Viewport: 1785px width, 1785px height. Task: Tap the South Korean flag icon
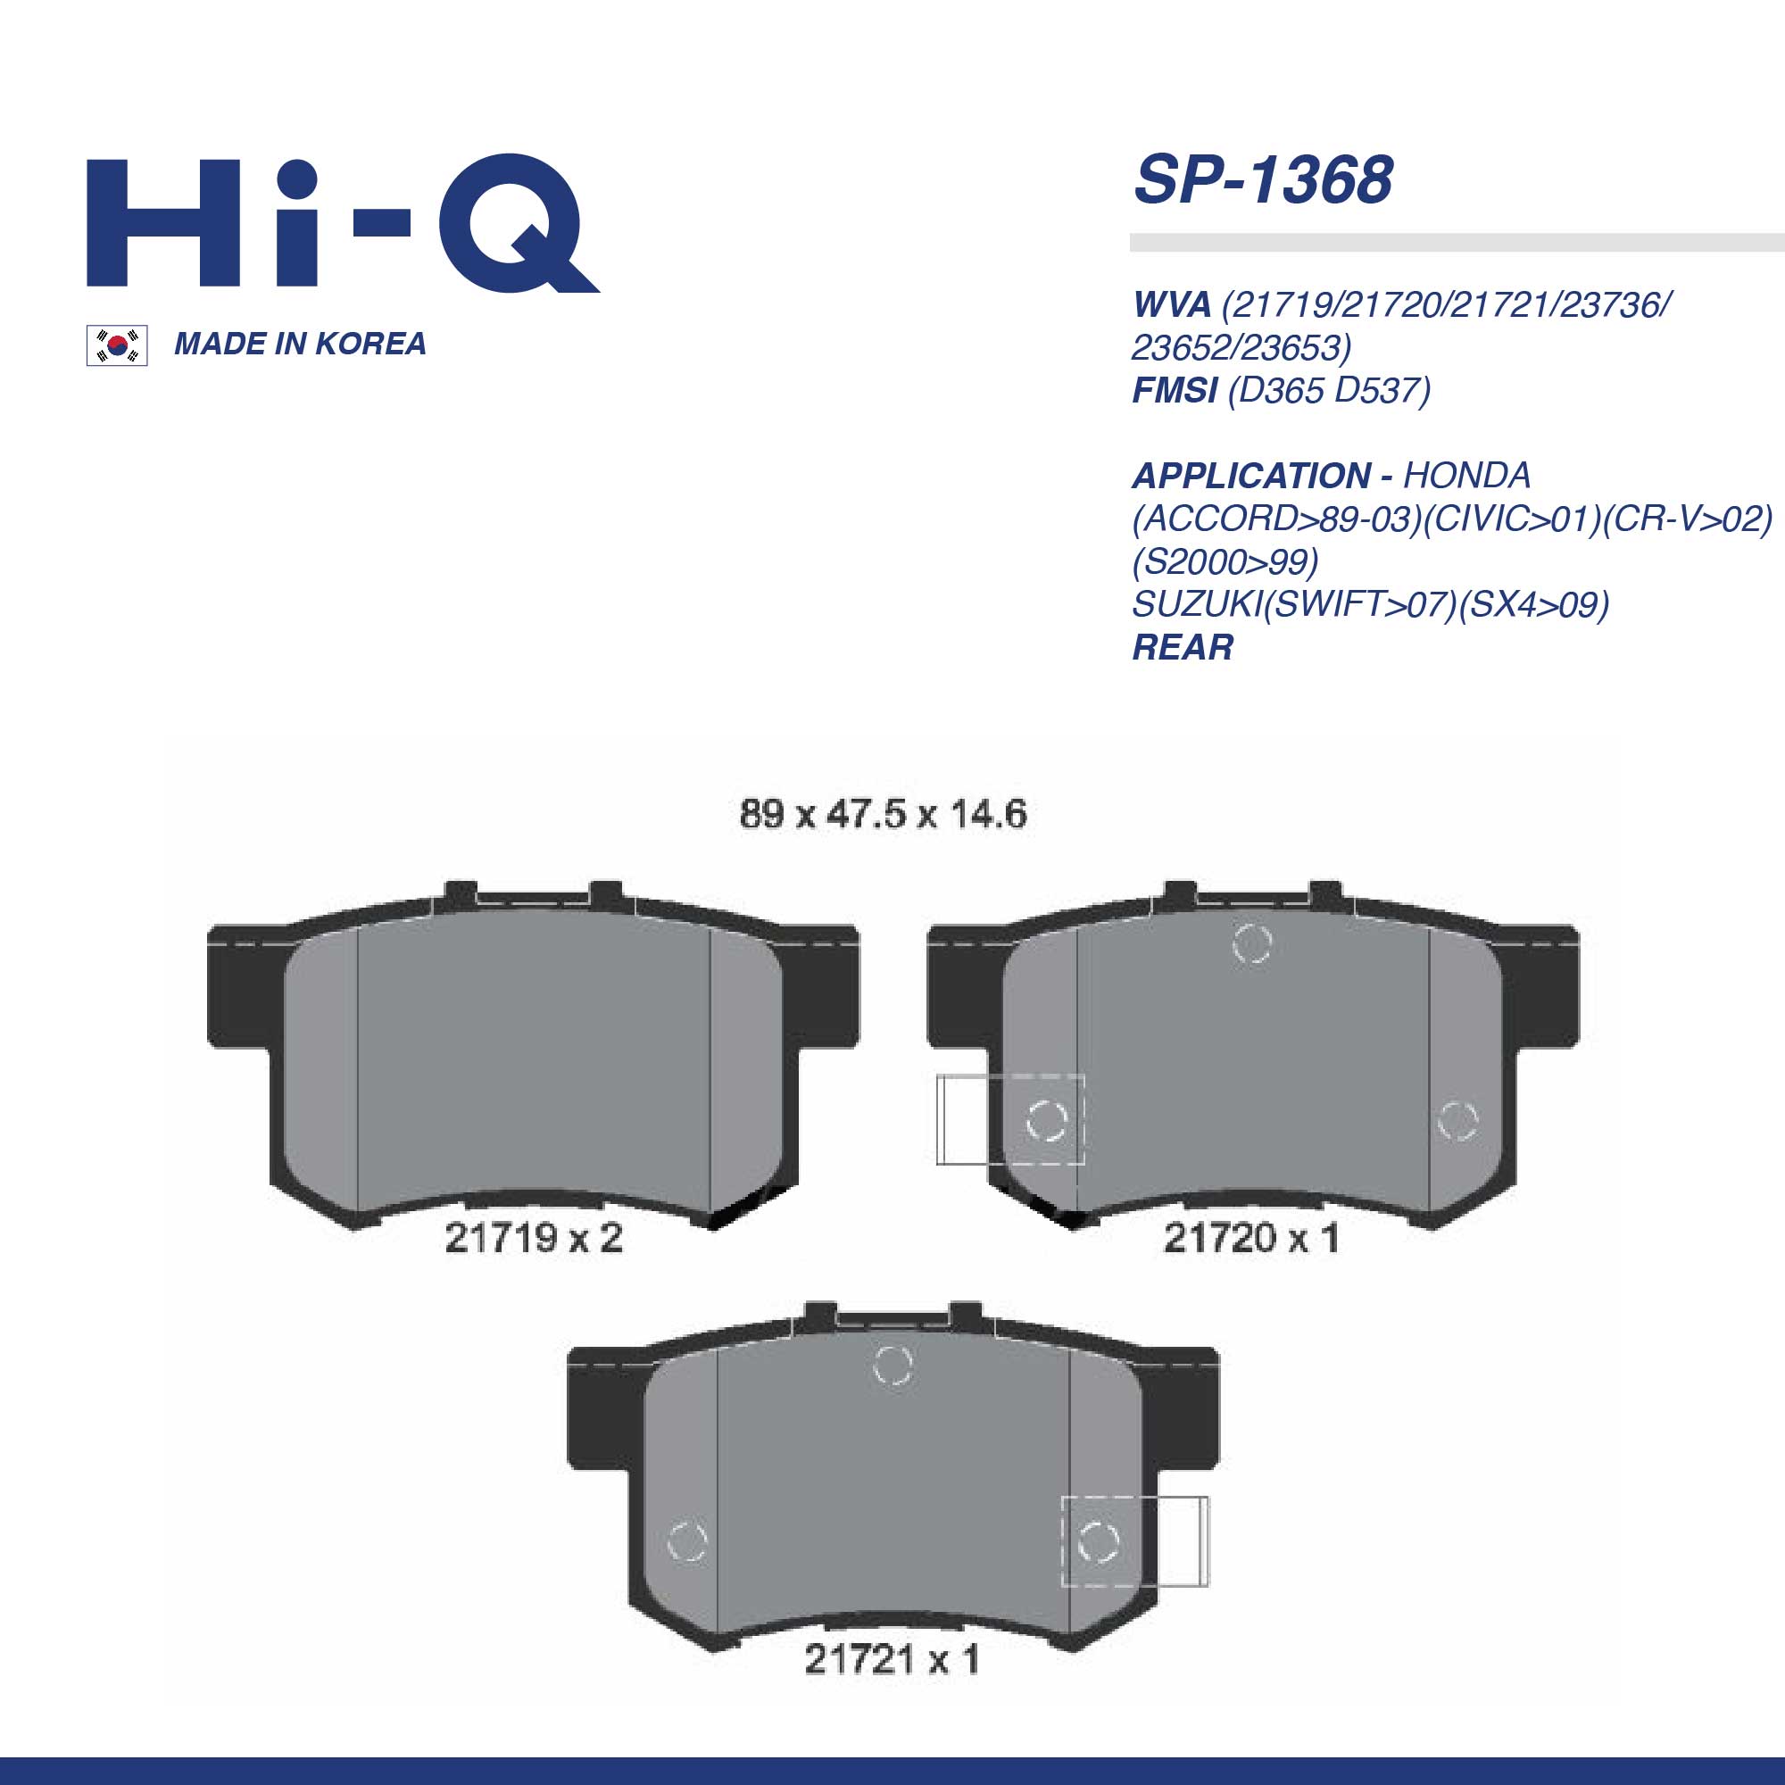click(x=117, y=345)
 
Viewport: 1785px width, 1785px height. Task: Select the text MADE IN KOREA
click(x=300, y=344)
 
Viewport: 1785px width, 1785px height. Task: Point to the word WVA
click(x=1172, y=304)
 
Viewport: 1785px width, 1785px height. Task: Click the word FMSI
click(x=1175, y=391)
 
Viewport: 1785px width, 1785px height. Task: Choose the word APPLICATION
click(x=1252, y=476)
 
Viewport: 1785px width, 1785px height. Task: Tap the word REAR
click(x=1183, y=648)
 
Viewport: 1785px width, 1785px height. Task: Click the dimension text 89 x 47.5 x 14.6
click(x=884, y=814)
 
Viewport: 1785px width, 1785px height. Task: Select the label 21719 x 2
click(x=534, y=1238)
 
